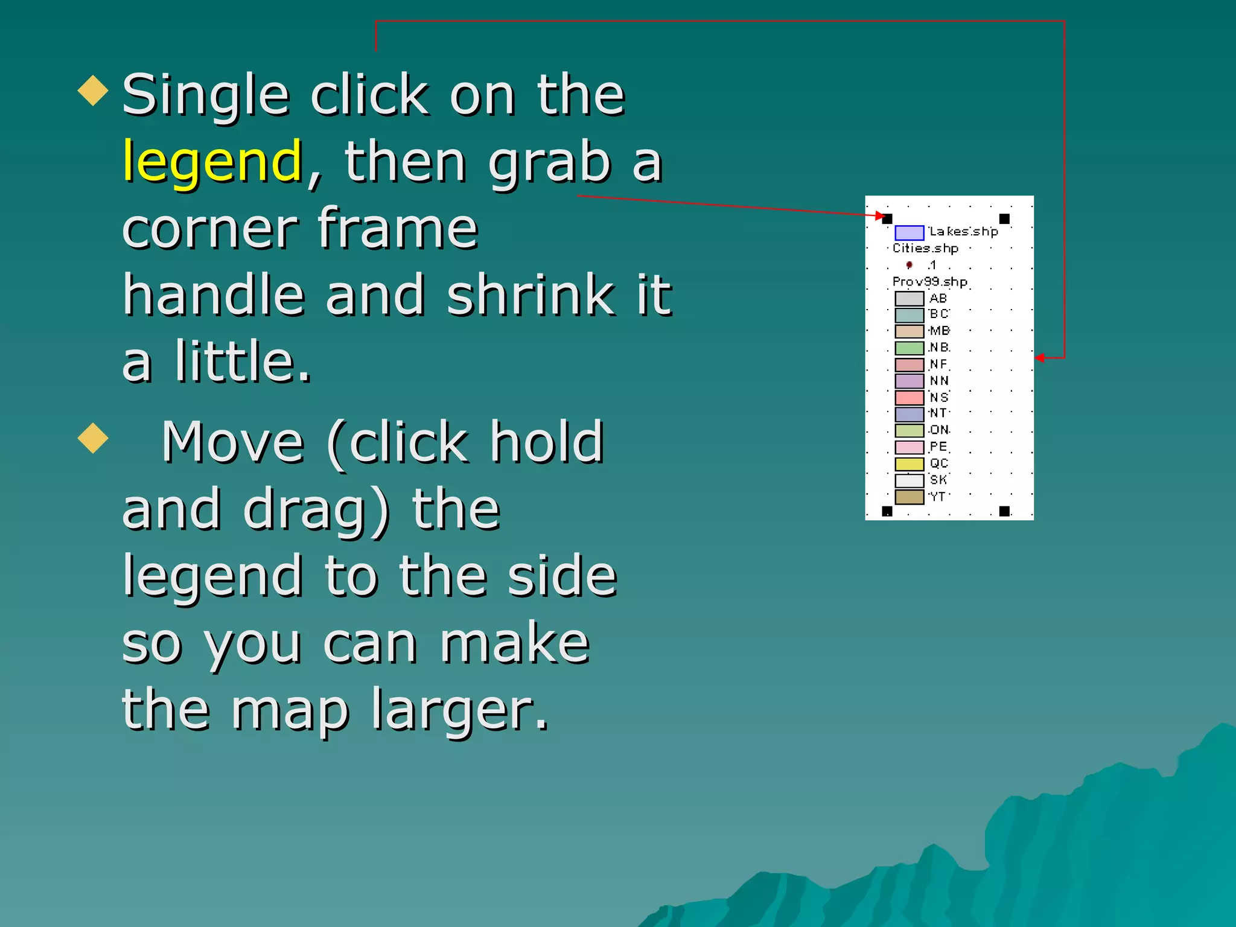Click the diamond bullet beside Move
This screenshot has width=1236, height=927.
coord(94,438)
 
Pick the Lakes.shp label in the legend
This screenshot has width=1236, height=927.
coord(963,232)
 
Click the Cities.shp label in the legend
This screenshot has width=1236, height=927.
coord(925,248)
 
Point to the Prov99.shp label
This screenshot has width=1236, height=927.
coord(929,282)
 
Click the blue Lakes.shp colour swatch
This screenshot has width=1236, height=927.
coord(909,233)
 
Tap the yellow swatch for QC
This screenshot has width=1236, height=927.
coord(909,464)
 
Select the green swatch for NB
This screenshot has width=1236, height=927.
coord(909,348)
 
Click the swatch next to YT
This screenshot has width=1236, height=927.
coord(909,497)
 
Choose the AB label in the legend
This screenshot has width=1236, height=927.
coord(938,298)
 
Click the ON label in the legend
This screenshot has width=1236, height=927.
coord(939,430)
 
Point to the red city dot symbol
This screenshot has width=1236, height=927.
coord(909,265)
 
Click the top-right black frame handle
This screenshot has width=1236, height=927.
coord(1004,218)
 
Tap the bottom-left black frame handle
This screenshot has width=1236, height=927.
coord(887,511)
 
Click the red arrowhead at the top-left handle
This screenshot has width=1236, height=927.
coord(881,215)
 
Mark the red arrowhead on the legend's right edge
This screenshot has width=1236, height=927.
coord(1040,358)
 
